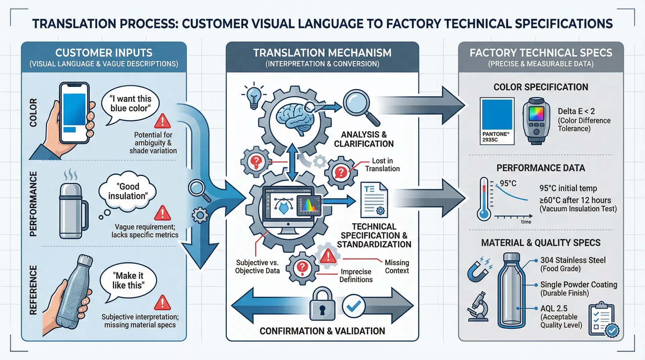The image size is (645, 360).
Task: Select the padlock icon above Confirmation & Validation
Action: pos(322,305)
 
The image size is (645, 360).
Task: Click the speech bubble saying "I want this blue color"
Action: pos(130,104)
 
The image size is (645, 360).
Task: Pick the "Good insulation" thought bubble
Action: pos(128,191)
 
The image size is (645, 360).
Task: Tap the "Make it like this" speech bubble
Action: pos(128,281)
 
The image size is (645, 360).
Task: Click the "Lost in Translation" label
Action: pos(382,165)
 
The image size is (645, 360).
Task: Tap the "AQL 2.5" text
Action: pos(554,308)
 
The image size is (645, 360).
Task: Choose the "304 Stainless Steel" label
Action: pos(573,260)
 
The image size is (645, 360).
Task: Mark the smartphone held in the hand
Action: pos(74,113)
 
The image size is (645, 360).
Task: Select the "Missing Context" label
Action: pos(397,267)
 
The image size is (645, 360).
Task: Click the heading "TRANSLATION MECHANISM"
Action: pos(322,53)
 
